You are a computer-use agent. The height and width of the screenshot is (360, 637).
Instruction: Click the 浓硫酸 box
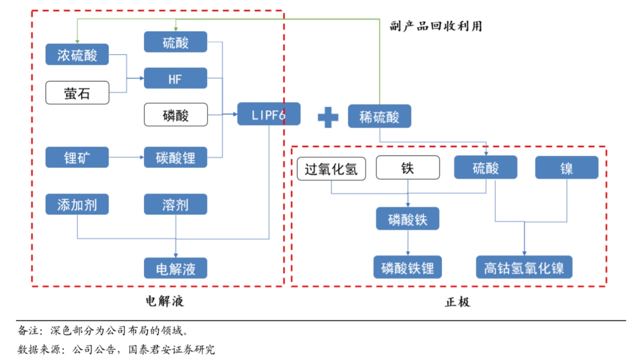click(77, 55)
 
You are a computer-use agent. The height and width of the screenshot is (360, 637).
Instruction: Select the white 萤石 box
click(77, 93)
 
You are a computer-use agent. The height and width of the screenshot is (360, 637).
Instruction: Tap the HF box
click(175, 78)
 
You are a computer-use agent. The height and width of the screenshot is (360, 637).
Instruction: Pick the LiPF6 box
click(268, 114)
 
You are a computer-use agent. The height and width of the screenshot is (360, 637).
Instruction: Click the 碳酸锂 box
click(175, 158)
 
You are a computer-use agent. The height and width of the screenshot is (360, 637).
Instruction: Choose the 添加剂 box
click(77, 204)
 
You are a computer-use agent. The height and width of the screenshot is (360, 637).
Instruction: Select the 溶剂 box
click(175, 204)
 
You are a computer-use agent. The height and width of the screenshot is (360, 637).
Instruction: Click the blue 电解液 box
click(175, 269)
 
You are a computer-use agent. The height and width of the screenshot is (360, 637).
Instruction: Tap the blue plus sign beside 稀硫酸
click(328, 117)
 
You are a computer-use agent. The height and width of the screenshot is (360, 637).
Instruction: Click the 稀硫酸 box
click(379, 117)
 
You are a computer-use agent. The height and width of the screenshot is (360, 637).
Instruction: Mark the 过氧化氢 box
click(331, 168)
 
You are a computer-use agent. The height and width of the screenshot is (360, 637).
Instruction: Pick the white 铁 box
click(408, 168)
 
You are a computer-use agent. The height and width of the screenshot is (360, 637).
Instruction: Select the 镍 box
click(566, 168)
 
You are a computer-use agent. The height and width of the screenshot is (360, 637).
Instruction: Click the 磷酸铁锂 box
click(408, 268)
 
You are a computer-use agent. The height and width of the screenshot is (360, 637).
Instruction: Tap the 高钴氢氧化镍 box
click(524, 268)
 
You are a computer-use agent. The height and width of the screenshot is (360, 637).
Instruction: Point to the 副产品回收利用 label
click(436, 26)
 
